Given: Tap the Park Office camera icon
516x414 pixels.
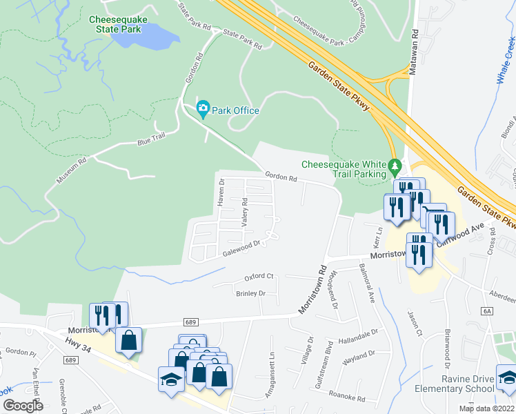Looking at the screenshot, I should (x=203, y=109).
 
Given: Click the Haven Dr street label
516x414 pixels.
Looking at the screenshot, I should (x=221, y=193).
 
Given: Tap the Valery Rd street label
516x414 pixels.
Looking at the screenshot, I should (x=244, y=212).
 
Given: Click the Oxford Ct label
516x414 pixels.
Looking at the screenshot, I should (x=259, y=277).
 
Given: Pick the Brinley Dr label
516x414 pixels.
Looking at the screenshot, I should (x=250, y=293).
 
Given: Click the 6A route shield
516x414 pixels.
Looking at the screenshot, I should (x=488, y=311).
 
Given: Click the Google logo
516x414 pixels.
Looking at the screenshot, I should (x=23, y=406).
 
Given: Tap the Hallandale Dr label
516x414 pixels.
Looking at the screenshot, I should (x=358, y=336).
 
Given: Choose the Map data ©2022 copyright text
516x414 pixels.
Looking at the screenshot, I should (x=486, y=408).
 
